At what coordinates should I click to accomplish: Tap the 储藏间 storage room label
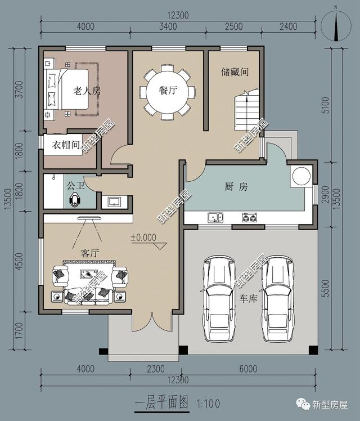coord(235,72)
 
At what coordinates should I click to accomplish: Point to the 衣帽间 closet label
coord(66,145)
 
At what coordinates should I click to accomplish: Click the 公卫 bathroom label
coord(75,184)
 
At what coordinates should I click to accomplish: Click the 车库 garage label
coord(248,298)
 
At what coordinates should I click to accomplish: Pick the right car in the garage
coord(277,298)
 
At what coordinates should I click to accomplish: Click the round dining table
coord(168,93)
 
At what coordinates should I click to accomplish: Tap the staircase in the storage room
coord(246,110)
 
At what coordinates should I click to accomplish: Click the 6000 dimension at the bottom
coord(249,370)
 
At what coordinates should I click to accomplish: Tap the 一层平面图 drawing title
coord(163,403)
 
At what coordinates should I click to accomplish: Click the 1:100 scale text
coord(209,404)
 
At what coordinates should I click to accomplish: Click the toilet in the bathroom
coord(76,200)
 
